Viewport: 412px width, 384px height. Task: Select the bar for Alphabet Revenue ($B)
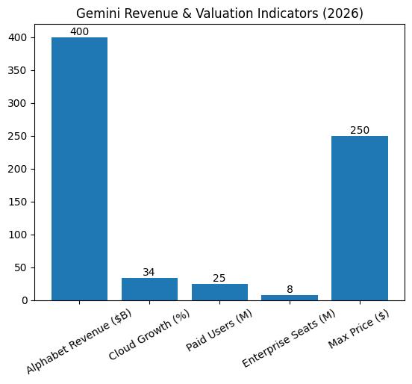point(79,169)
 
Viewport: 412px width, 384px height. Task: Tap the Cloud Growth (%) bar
point(149,289)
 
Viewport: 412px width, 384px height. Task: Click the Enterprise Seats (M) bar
point(290,297)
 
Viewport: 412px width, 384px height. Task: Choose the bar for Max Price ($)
point(360,218)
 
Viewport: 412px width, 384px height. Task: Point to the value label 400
point(79,31)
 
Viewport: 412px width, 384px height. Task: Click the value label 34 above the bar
point(149,272)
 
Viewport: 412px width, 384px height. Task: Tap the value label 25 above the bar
point(219,278)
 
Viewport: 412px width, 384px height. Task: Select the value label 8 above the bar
point(290,289)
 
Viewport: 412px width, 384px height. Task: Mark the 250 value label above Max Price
point(360,130)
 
